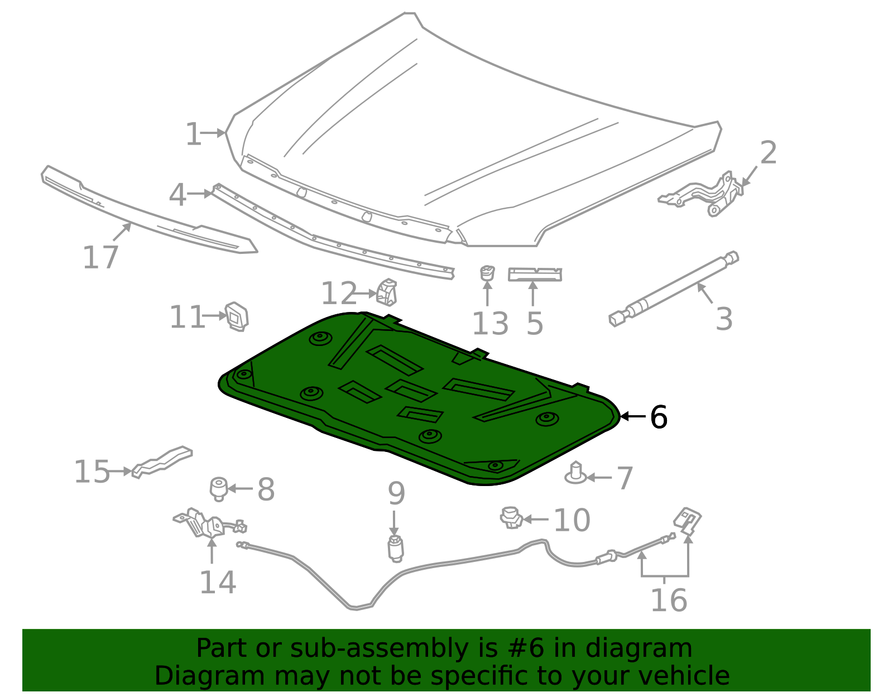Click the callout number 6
pyautogui.click(x=659, y=417)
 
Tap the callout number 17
pyautogui.click(x=100, y=258)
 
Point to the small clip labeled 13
pyautogui.click(x=487, y=273)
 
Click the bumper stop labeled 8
pyautogui.click(x=219, y=488)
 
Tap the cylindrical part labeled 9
pyautogui.click(x=395, y=548)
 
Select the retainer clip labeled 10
pyautogui.click(x=511, y=518)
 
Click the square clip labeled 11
pyautogui.click(x=237, y=316)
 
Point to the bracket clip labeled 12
pyautogui.click(x=387, y=292)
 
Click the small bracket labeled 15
pyautogui.click(x=162, y=460)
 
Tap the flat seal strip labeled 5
pyautogui.click(x=535, y=274)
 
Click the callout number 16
pyautogui.click(x=669, y=600)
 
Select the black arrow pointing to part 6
pyautogui.click(x=632, y=416)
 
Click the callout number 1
pyautogui.click(x=193, y=134)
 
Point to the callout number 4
pyautogui.click(x=177, y=195)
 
